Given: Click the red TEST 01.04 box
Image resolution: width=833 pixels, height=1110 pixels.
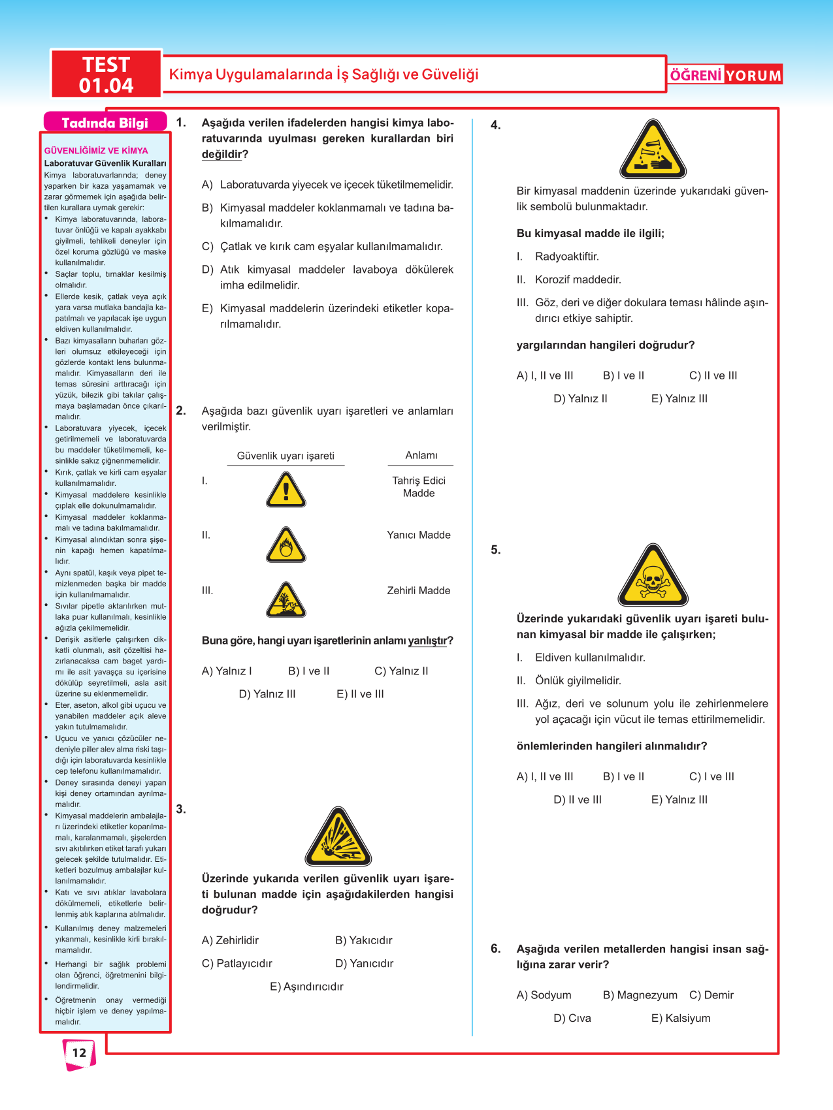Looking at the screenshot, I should click(x=106, y=74).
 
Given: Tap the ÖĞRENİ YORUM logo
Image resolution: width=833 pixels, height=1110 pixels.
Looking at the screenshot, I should click(x=725, y=75).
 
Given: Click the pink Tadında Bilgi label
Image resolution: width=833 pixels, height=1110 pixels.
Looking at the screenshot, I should click(x=105, y=123).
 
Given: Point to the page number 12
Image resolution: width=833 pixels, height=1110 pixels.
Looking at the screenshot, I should click(x=79, y=1053).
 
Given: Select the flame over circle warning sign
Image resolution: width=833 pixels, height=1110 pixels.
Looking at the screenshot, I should click(x=286, y=546).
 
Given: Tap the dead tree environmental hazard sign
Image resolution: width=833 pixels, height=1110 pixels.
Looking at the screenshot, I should click(x=286, y=601).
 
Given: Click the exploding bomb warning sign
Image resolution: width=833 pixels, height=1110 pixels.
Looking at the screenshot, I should click(x=338, y=838).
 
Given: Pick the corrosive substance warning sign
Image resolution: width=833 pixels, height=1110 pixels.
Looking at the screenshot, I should click(x=653, y=150).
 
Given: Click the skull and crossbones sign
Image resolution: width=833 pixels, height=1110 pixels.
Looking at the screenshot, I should click(x=653, y=576).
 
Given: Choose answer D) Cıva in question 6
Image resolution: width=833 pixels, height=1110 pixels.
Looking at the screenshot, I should click(x=572, y=1018).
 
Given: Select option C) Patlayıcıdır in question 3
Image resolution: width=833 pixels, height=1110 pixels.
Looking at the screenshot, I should click(x=237, y=963).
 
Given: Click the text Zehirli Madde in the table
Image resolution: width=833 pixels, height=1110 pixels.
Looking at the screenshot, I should click(x=419, y=590).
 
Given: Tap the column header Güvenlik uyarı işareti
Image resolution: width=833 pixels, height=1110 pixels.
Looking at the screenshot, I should click(x=286, y=456).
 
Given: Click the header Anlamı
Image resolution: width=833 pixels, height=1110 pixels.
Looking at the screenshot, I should click(x=421, y=455).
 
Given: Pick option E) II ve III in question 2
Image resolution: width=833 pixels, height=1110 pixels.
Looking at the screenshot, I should click(x=360, y=694).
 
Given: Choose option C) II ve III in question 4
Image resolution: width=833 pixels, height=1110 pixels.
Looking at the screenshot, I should click(x=713, y=375).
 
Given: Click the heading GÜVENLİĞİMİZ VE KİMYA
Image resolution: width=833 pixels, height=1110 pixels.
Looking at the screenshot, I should click(x=96, y=150).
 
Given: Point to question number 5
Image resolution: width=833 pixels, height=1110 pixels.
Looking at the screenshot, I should click(x=496, y=550).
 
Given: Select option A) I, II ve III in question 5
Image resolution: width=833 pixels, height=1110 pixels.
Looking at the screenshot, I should click(x=545, y=776).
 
